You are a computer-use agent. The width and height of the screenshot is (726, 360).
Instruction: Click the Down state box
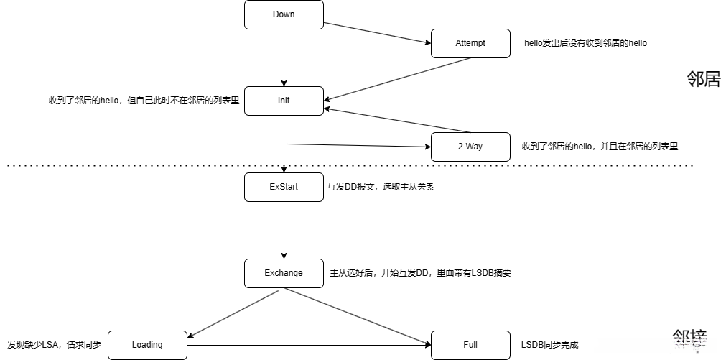tap(284, 14)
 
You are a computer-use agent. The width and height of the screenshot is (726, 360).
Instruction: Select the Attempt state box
tap(470, 43)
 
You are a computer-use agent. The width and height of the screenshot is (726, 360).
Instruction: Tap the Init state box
tap(284, 101)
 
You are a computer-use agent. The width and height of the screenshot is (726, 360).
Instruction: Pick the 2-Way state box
tap(470, 147)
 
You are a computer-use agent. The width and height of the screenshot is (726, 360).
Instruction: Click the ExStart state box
tap(284, 187)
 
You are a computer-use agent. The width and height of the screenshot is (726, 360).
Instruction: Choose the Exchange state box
tap(284, 273)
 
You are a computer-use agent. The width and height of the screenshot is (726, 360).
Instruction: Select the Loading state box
tap(147, 345)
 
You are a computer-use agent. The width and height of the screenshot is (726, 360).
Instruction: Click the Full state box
tap(470, 345)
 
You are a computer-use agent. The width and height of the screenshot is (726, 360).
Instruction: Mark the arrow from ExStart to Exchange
tap(284, 230)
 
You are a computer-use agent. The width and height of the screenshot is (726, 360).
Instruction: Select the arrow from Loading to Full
tap(309, 346)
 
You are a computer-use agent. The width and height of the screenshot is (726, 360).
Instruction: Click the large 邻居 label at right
tap(703, 79)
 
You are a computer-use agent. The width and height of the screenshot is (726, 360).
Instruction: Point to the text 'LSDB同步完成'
tap(549, 345)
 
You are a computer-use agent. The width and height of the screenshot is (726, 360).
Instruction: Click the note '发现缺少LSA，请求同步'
tap(54, 345)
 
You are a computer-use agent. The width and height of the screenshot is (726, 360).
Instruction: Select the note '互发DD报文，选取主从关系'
tap(381, 187)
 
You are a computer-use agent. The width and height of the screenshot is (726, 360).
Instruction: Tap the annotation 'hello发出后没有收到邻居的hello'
tap(585, 43)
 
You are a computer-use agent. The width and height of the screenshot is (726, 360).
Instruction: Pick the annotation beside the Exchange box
tap(420, 273)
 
